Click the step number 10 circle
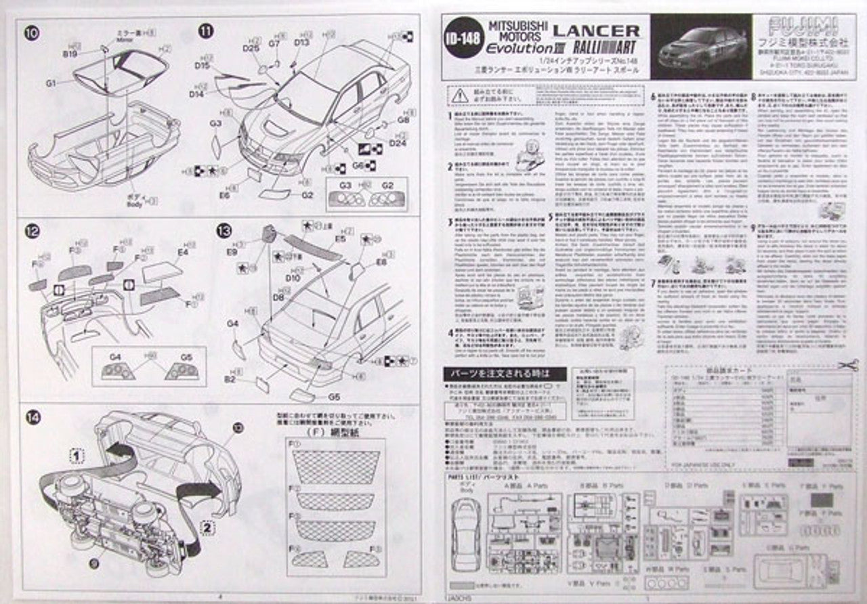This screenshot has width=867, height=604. [x=33, y=32]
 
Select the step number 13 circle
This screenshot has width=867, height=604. [x=224, y=231]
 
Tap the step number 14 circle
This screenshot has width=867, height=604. [x=33, y=417]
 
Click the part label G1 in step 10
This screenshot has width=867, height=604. [x=51, y=83]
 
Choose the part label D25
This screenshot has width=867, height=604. [x=251, y=49]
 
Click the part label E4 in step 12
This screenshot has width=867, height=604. [x=183, y=252]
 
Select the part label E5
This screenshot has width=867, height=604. [x=340, y=239]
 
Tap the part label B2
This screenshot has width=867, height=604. [x=230, y=379]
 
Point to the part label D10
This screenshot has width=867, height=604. [x=293, y=278]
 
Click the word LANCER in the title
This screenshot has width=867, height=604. [x=596, y=30]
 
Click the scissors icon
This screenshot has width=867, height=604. [x=847, y=365]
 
